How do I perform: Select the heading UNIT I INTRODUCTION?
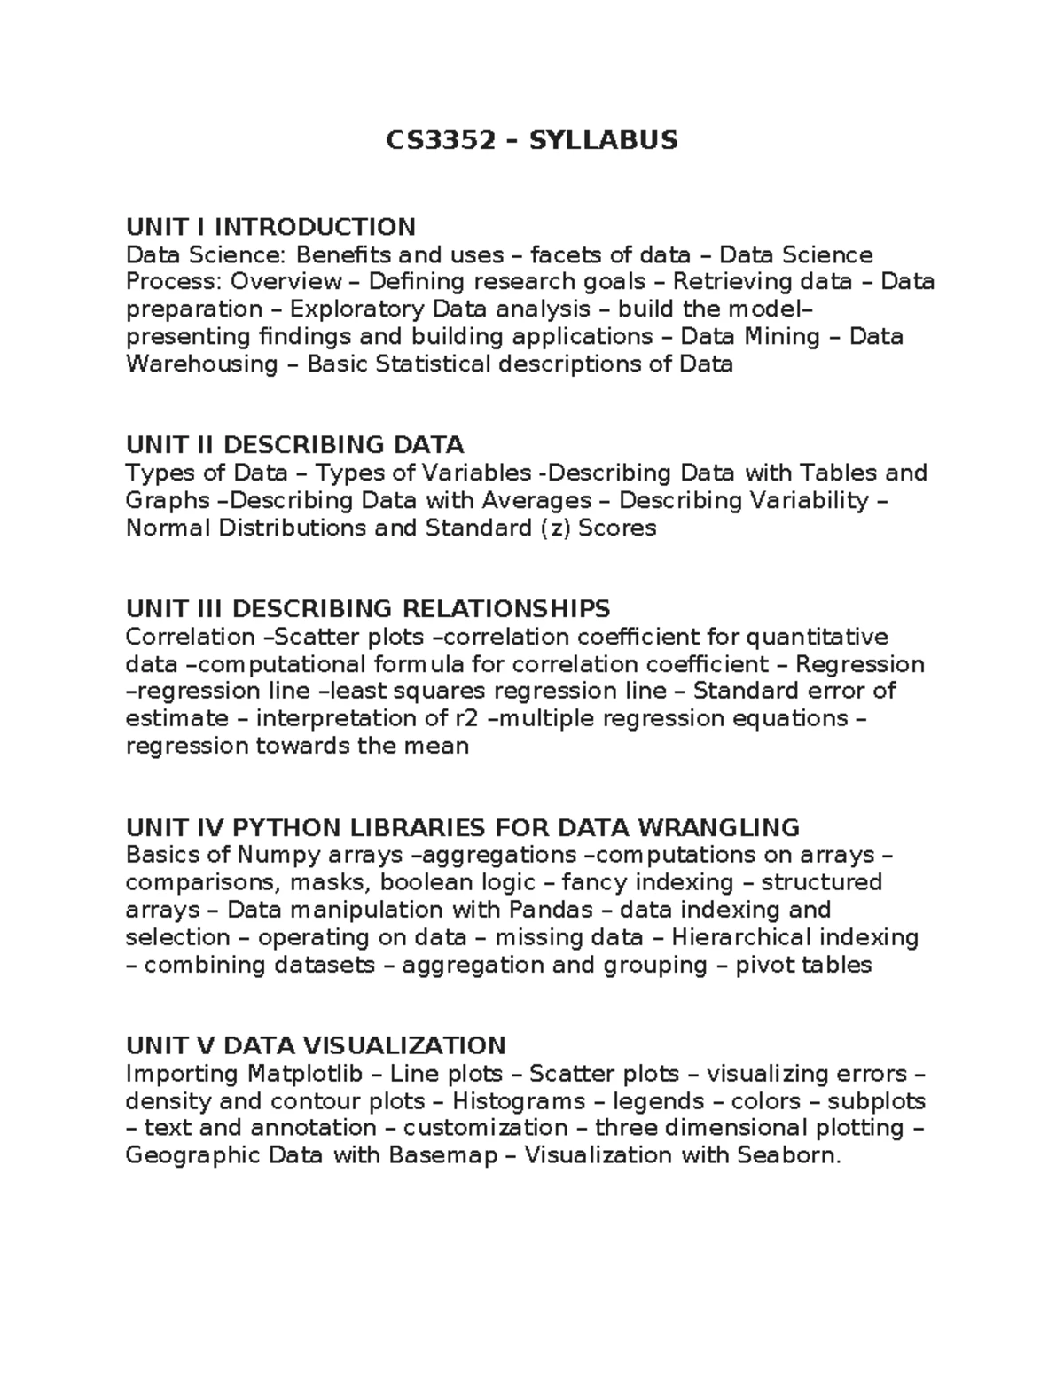click(x=270, y=227)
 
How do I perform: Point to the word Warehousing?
click(x=202, y=364)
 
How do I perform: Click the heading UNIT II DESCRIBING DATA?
click(x=294, y=444)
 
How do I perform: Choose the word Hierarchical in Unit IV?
click(x=743, y=937)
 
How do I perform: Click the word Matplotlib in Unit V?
click(x=305, y=1074)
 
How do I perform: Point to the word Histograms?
click(x=519, y=1101)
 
